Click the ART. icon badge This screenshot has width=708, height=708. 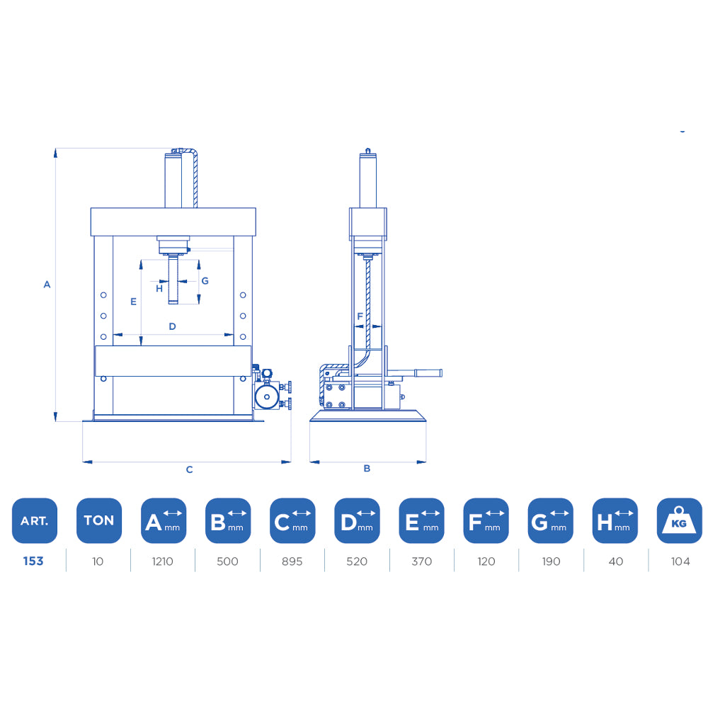[x=34, y=520]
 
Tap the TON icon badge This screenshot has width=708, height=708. [x=98, y=520]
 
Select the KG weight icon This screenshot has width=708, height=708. [x=680, y=520]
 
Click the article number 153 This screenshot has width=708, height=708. [x=33, y=561]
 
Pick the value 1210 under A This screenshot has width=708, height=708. [x=163, y=561]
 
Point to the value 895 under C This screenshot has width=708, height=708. [x=292, y=561]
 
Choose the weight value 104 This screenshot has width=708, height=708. [x=680, y=561]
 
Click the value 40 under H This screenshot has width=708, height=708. [x=615, y=561]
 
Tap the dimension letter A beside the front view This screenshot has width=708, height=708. [x=47, y=285]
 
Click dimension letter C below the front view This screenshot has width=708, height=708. [x=189, y=469]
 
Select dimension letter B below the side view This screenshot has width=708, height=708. [x=367, y=468]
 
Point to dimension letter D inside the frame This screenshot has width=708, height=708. [x=172, y=326]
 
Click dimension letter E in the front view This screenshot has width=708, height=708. [x=133, y=302]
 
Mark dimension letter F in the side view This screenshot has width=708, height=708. [x=360, y=316]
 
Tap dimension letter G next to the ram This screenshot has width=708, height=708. [x=205, y=281]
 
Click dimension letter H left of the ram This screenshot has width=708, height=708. [x=159, y=288]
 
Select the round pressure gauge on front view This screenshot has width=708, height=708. [x=266, y=396]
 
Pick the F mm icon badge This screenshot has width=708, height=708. [x=486, y=520]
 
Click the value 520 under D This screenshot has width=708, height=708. [x=357, y=561]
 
